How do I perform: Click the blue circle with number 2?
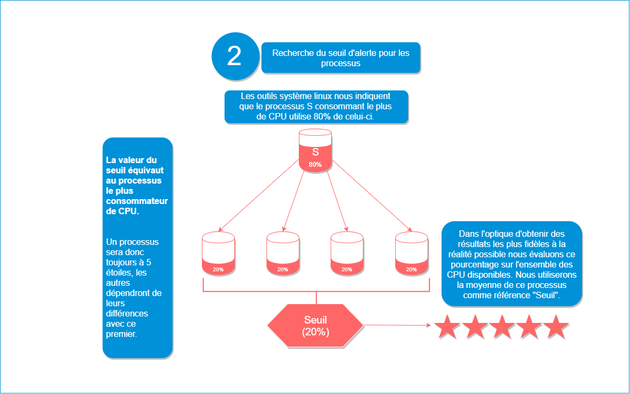(x=234, y=56)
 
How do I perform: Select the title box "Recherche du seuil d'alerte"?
(x=340, y=58)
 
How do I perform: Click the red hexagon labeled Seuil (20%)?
(x=316, y=326)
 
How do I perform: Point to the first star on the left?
(x=446, y=327)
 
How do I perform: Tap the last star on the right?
(x=556, y=327)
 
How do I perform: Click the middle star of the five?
(x=501, y=327)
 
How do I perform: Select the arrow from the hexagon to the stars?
(x=398, y=325)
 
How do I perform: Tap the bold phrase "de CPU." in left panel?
(x=122, y=212)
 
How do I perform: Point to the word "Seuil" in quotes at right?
(x=547, y=295)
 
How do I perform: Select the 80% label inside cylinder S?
(x=316, y=165)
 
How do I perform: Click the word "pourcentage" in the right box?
(x=471, y=265)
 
